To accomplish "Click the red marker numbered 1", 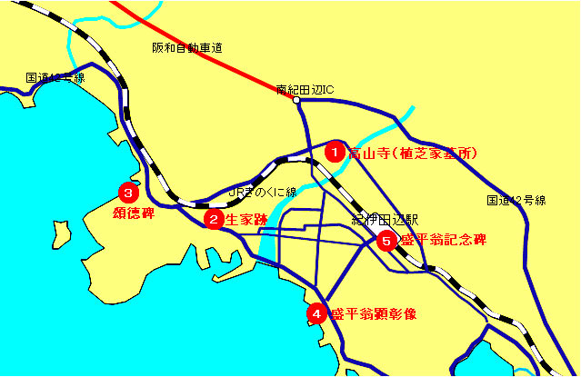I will tap(335, 152).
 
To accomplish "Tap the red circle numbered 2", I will tap(214, 219).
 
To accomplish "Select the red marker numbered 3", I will tap(128, 193).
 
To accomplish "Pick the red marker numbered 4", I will tap(316, 313).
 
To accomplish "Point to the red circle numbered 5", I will tap(386, 241).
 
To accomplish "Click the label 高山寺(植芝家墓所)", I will tap(414, 154).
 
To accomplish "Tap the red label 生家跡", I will tap(246, 219).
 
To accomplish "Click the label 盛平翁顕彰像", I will tap(373, 314).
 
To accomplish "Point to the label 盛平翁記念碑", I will tap(443, 241).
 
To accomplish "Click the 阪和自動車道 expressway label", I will tap(187, 47).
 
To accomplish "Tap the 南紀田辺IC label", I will tap(306, 89).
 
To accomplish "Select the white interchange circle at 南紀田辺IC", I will tap(296, 100).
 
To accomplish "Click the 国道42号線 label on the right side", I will tap(516, 200).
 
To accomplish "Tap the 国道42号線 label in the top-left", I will tap(55, 78).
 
